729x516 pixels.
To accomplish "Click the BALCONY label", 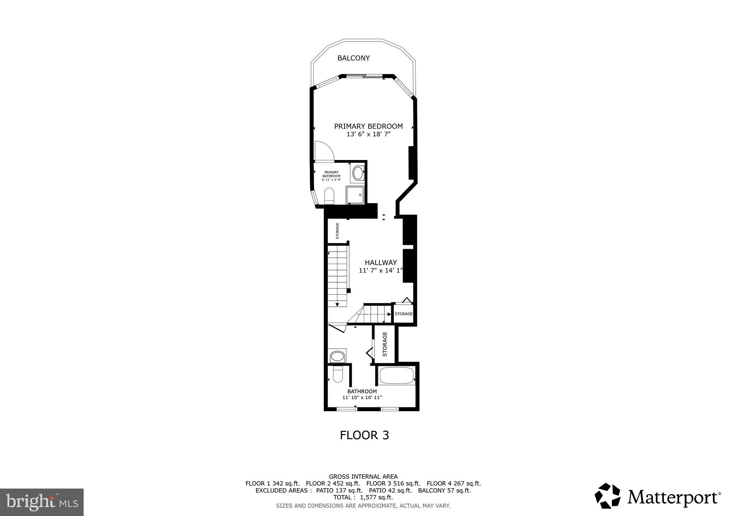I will [353, 58].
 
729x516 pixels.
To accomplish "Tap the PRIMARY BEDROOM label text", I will [368, 126].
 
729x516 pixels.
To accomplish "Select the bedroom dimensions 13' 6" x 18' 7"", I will [368, 134].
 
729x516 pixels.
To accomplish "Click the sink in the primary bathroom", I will [357, 173].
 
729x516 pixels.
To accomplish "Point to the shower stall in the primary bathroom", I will [355, 195].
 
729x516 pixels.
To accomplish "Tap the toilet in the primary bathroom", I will [329, 196].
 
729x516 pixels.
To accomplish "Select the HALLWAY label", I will [381, 263].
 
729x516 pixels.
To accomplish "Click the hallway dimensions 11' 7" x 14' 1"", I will [381, 270].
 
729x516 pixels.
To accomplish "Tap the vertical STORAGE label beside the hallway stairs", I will [337, 231].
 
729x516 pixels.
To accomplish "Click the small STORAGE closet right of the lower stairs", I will [404, 314].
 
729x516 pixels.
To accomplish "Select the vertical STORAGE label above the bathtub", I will [385, 344].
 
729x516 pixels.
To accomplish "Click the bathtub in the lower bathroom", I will [397, 376].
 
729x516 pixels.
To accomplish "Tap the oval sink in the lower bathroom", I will [337, 356].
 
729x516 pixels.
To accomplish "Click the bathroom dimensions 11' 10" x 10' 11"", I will [362, 397].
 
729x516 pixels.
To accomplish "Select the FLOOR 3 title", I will [364, 435].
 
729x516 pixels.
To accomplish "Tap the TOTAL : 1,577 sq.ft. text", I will [363, 497].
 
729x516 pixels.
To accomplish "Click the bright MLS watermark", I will [42, 502].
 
